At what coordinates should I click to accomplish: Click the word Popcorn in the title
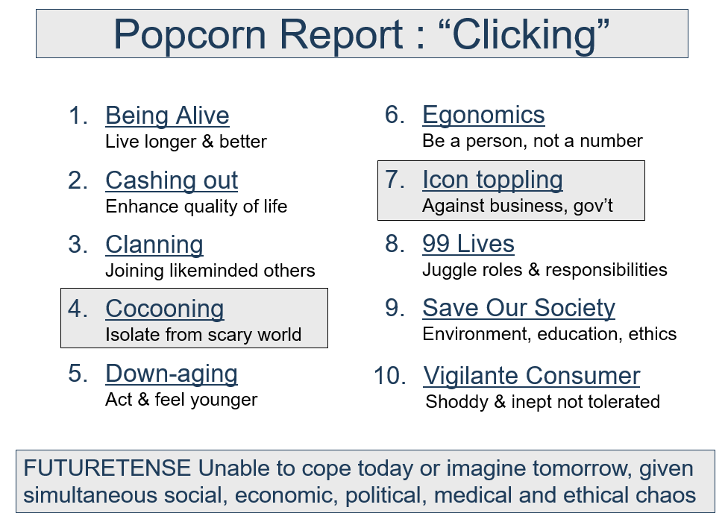coord(190,35)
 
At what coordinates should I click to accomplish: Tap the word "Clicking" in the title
coord(524,35)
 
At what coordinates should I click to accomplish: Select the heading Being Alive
coord(167,116)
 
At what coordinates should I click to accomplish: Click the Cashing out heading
coord(172,180)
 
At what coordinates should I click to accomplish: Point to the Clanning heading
coord(154,245)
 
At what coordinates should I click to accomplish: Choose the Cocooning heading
coord(165,309)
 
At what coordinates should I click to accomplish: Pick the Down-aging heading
coord(172,374)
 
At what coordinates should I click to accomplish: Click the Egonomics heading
coord(483,115)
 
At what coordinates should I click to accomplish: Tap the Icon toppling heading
coord(492,180)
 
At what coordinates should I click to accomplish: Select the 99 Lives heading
coord(468,244)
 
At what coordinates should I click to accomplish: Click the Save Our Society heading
coord(518,308)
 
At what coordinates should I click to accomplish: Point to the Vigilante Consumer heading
coord(532,376)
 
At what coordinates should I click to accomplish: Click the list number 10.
coord(390,376)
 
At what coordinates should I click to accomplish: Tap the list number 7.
coord(395,180)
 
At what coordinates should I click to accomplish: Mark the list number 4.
coord(78,309)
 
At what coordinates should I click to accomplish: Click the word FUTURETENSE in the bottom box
coord(107,468)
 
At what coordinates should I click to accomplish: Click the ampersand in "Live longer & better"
coord(207,142)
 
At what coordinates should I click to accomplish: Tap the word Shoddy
coord(456,402)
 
